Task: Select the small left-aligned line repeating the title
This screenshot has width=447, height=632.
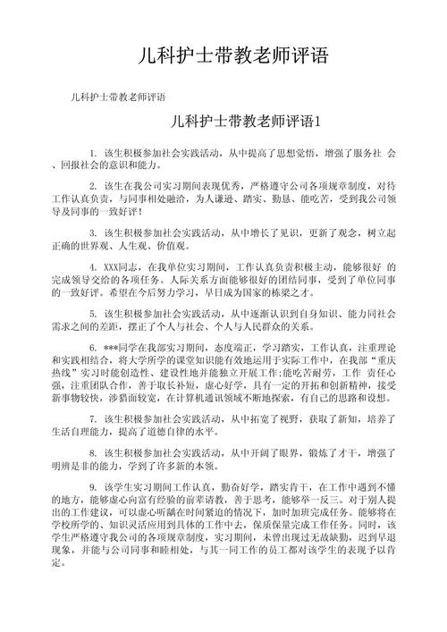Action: [115, 97]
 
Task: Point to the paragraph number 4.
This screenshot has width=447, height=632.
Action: [94, 266]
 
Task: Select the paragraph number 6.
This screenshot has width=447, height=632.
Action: [94, 343]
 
